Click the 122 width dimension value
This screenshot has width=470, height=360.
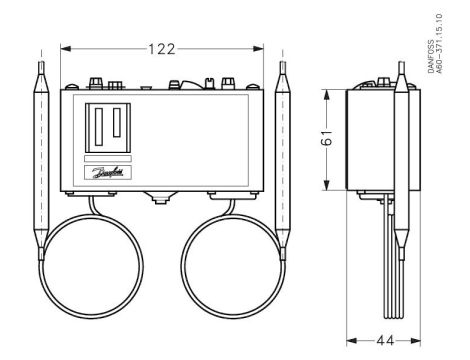click(165, 47)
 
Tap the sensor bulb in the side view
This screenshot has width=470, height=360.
click(403, 140)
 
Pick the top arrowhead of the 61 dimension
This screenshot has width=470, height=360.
click(329, 93)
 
